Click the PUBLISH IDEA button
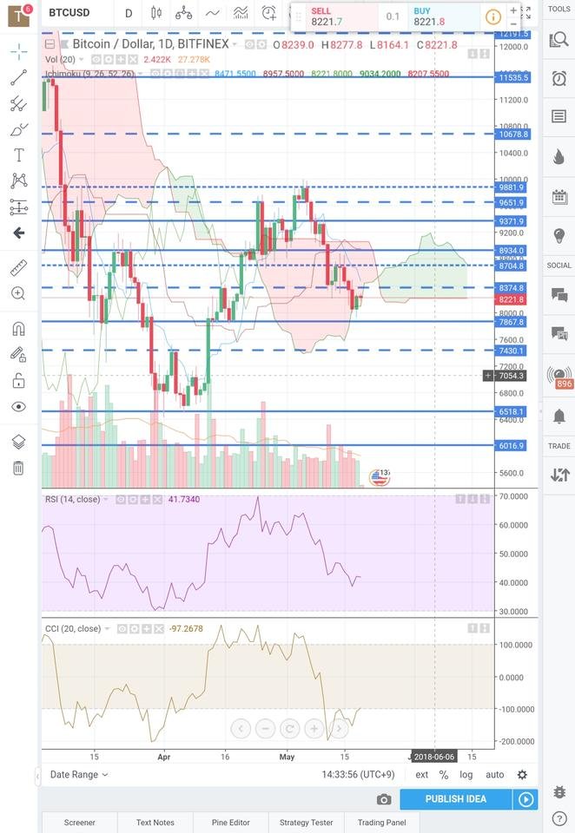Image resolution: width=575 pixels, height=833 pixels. click(x=455, y=799)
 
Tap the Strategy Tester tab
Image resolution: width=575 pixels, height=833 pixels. click(x=306, y=823)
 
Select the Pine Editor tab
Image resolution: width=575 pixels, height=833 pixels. click(x=231, y=823)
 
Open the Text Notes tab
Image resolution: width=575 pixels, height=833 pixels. click(x=155, y=823)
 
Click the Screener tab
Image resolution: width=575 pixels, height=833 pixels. click(x=79, y=823)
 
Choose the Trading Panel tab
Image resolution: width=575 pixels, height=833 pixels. click(x=382, y=823)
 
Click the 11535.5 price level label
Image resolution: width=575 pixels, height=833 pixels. click(x=512, y=77)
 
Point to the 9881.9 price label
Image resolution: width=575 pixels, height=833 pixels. click(x=512, y=187)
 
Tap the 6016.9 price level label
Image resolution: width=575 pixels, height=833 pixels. click(x=512, y=446)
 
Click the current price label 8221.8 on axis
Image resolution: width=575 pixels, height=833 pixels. click(x=512, y=299)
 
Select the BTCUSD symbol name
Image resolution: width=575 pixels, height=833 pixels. click(x=69, y=13)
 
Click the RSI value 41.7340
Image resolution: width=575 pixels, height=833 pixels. click(x=185, y=500)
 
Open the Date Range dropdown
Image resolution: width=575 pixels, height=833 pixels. click(x=79, y=775)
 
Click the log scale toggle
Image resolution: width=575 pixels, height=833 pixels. click(x=467, y=775)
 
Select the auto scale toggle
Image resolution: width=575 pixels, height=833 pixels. click(x=494, y=775)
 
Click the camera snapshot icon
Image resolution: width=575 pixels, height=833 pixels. click(x=384, y=799)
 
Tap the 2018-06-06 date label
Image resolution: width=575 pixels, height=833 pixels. click(x=433, y=757)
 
